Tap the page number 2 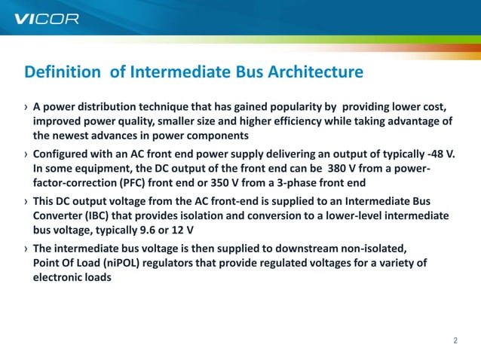(x=455, y=340)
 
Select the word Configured (x=63, y=154)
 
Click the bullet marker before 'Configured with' (x=26, y=154)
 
